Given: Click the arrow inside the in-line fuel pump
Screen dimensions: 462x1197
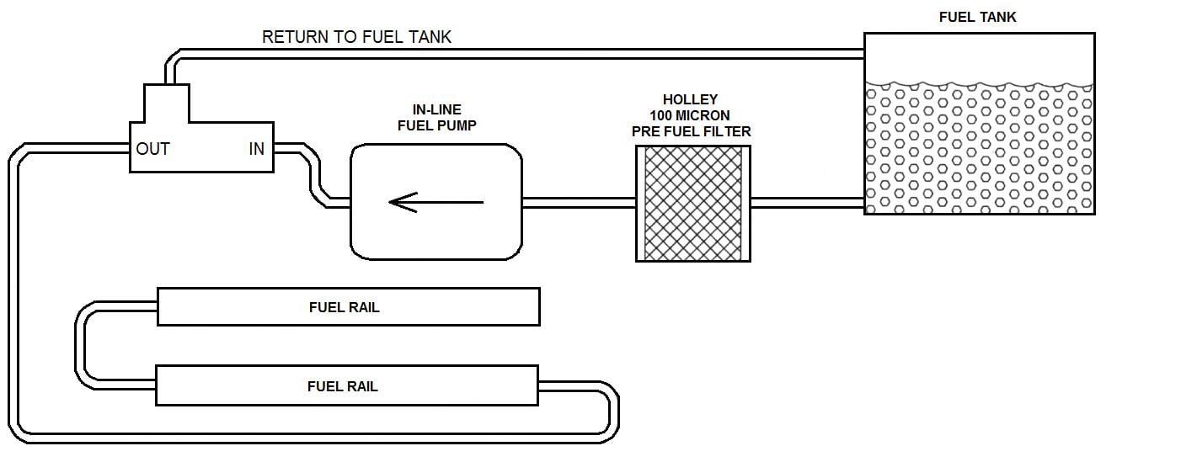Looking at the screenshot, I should (436, 202).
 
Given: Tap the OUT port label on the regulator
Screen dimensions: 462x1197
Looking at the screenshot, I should (153, 149).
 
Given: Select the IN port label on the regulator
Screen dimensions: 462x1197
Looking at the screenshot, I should (256, 149).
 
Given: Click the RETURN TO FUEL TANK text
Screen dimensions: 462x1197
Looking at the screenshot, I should (356, 37).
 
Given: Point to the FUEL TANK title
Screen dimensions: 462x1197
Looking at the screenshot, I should (978, 17).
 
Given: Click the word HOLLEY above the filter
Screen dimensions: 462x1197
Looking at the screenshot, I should (690, 99).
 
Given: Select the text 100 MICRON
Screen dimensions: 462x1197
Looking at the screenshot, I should (690, 114).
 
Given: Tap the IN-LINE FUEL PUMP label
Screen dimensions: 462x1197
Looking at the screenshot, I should (436, 118).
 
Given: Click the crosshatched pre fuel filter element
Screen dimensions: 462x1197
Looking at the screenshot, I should (692, 203).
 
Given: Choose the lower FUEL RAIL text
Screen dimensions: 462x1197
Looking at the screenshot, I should (342, 386).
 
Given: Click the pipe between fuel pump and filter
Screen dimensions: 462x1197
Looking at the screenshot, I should (578, 202).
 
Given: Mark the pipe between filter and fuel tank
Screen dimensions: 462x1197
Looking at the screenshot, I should (806, 202).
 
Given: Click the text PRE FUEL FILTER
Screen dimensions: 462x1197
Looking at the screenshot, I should (691, 131).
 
